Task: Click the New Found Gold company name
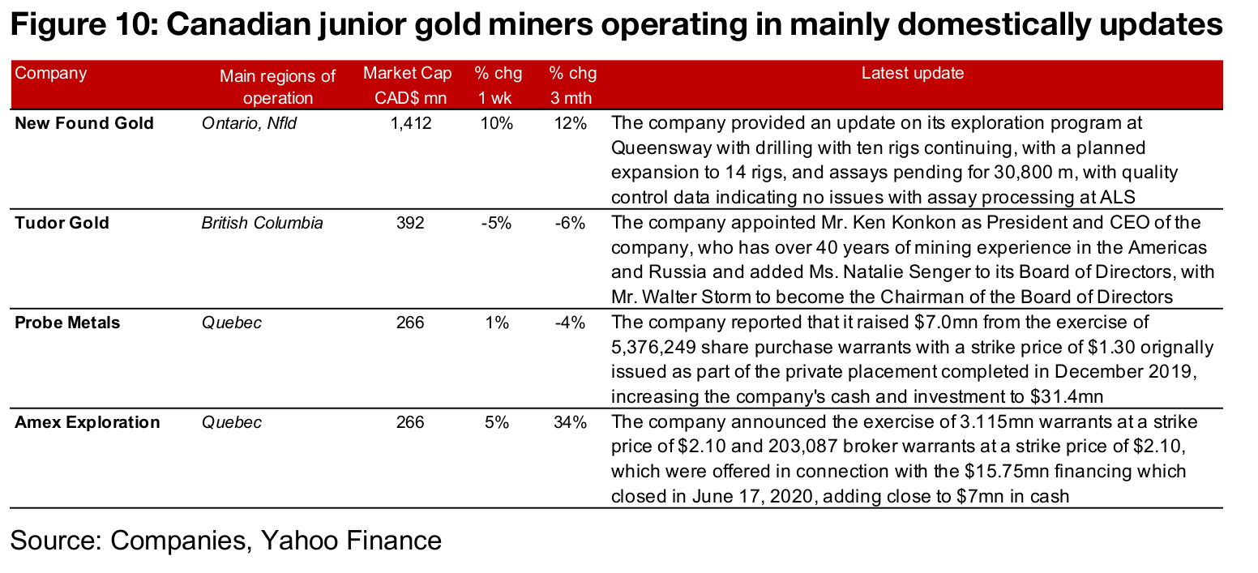(x=84, y=123)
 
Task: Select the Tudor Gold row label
(x=62, y=223)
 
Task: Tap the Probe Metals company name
(x=67, y=323)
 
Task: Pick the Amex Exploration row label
(x=88, y=422)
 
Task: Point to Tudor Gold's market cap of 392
(x=411, y=223)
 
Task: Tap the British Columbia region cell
(x=262, y=223)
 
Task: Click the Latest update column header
(x=913, y=74)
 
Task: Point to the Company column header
(x=51, y=73)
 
